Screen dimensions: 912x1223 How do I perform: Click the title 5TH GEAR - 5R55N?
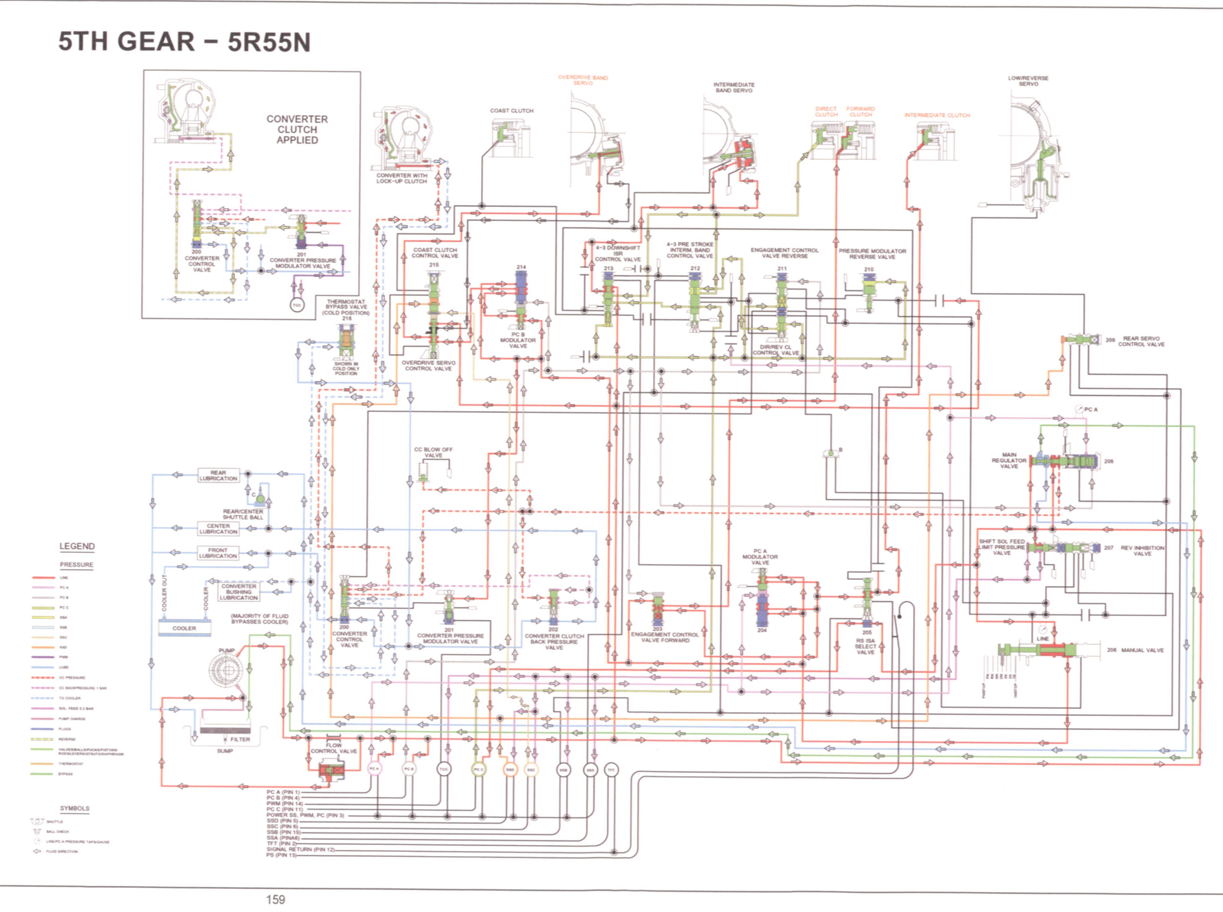184,42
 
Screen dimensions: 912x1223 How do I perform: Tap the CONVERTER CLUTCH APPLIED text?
297,130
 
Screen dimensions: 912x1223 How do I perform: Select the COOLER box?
184,628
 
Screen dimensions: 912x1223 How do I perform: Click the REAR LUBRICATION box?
218,475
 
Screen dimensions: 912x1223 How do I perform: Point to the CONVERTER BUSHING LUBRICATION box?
239,592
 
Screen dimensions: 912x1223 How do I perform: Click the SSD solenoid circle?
510,769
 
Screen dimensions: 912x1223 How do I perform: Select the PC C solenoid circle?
478,769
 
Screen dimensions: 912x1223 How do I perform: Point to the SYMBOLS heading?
75,808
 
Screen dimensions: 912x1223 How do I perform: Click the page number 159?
276,899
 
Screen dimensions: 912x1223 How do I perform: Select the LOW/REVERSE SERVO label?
1028,81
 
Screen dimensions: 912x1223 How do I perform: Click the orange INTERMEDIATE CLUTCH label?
937,115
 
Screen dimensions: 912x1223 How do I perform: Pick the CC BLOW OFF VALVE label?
433,452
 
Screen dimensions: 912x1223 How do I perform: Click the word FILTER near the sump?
240,739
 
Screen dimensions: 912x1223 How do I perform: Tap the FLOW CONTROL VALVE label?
334,748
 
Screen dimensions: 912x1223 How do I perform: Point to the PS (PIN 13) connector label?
281,855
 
